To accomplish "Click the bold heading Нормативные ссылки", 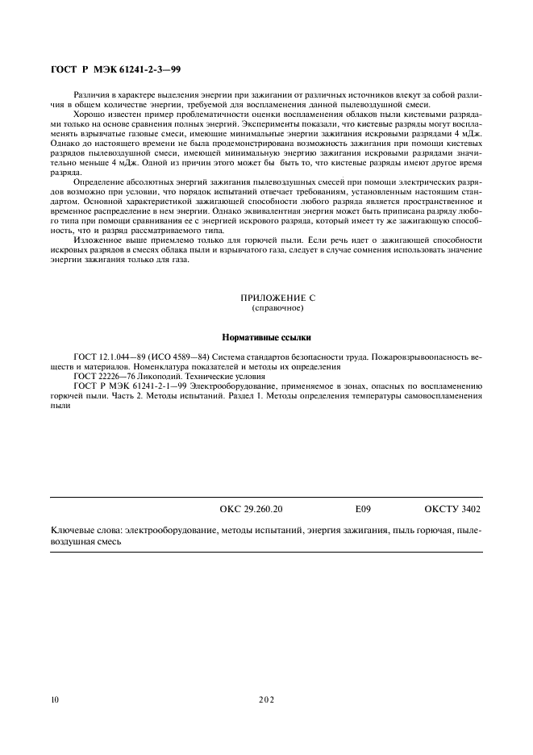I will tap(266, 337).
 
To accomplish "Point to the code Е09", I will tap(363, 511).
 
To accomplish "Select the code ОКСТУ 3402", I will tap(452, 511).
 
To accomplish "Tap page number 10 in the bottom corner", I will tap(54, 699).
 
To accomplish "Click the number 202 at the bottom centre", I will tap(266, 699).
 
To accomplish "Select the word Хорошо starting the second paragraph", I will tap(90, 115).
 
